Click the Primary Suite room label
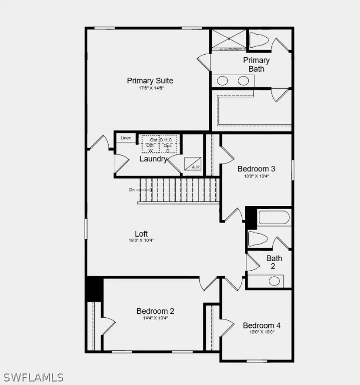150,81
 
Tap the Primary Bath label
256,64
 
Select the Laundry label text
153,159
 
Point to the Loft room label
141,234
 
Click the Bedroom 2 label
155,311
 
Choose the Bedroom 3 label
256,169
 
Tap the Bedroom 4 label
262,325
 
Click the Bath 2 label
274,262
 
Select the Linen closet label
126,138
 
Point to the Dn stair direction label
132,189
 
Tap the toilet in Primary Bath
259,40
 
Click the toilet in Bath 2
258,239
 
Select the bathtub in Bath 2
273,217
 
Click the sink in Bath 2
274,281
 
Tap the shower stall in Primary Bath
229,39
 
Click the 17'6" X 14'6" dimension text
151,88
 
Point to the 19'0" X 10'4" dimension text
141,241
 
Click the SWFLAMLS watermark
33,377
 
